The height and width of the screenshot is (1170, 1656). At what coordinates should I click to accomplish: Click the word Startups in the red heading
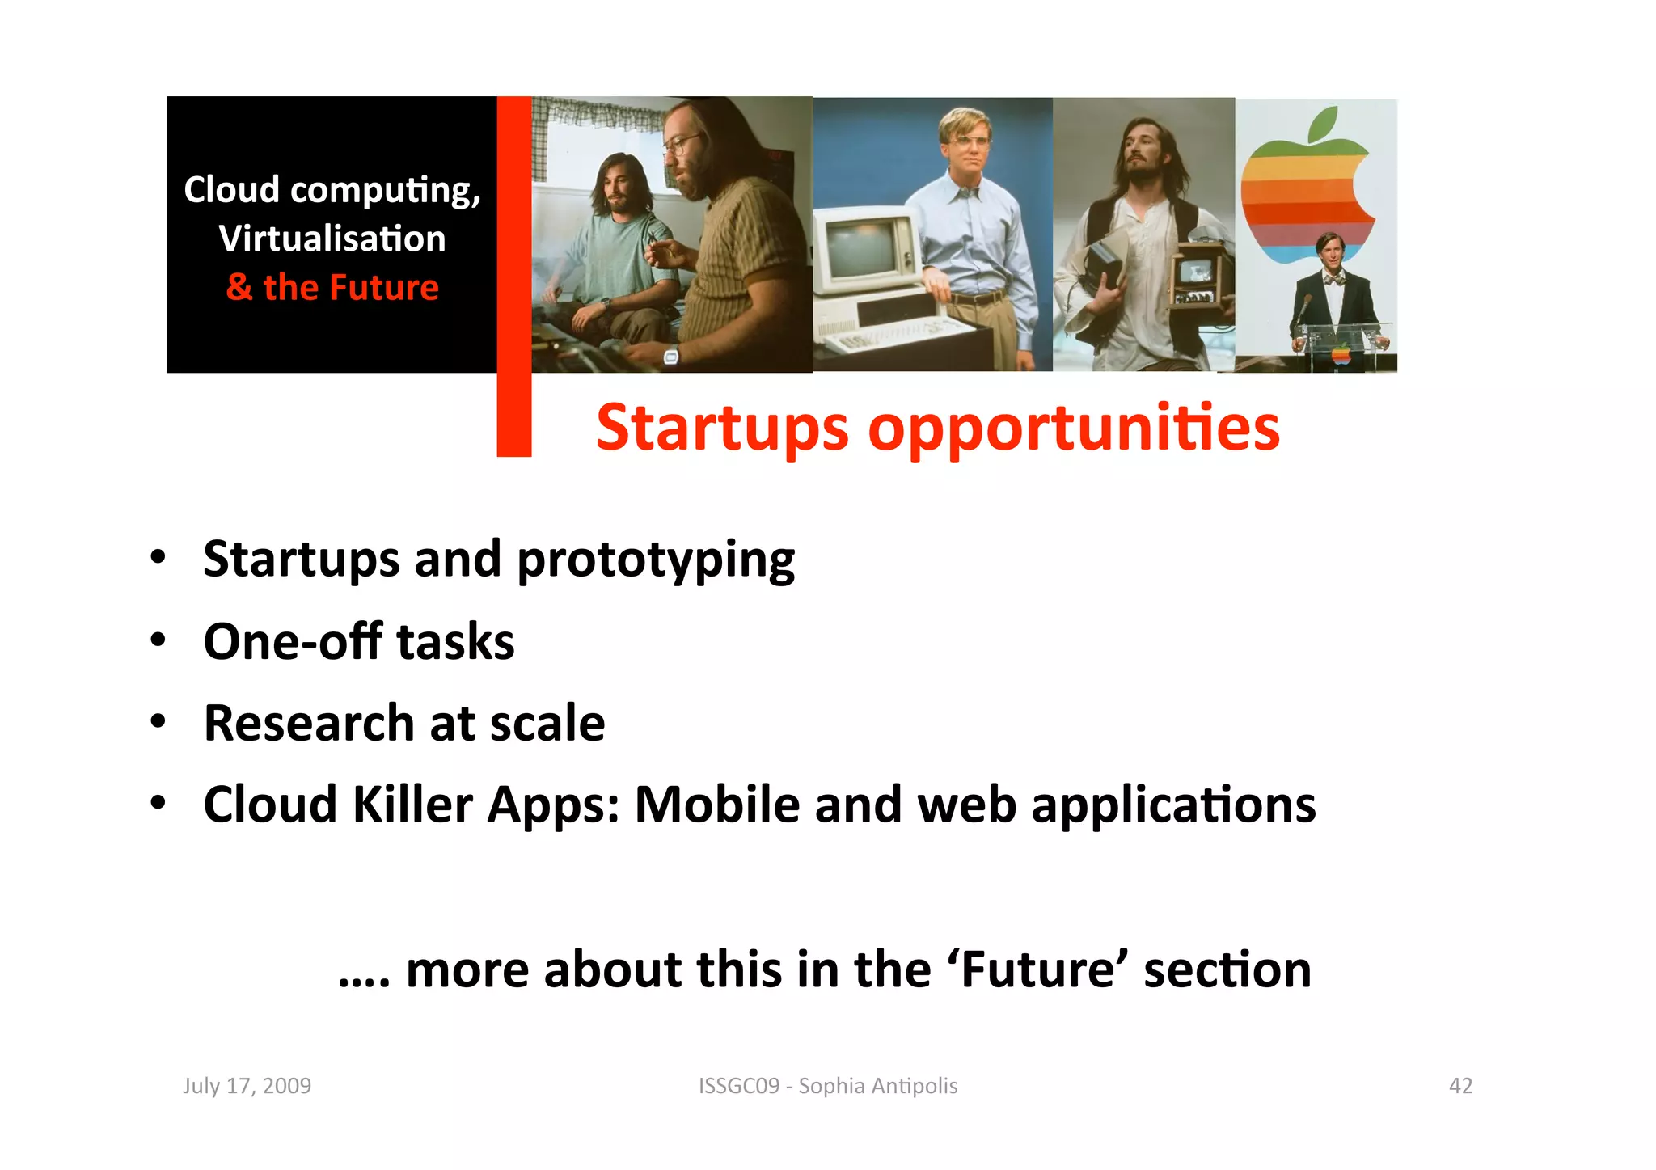tap(722, 428)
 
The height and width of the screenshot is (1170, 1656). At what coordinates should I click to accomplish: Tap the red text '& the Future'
tap(332, 287)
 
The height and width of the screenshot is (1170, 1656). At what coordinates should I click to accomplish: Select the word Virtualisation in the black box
tap(332, 239)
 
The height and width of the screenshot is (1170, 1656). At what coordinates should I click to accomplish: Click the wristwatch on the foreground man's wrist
tap(670, 357)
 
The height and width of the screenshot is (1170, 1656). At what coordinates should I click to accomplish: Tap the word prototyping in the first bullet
tap(655, 560)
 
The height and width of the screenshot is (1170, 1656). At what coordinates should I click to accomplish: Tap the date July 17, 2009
tap(247, 1085)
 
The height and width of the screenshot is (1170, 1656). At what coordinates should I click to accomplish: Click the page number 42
tap(1460, 1085)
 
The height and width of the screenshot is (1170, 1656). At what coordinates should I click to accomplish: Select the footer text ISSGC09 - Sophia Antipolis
tap(828, 1085)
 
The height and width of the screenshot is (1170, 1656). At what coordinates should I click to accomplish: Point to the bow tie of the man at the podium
tap(1333, 280)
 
